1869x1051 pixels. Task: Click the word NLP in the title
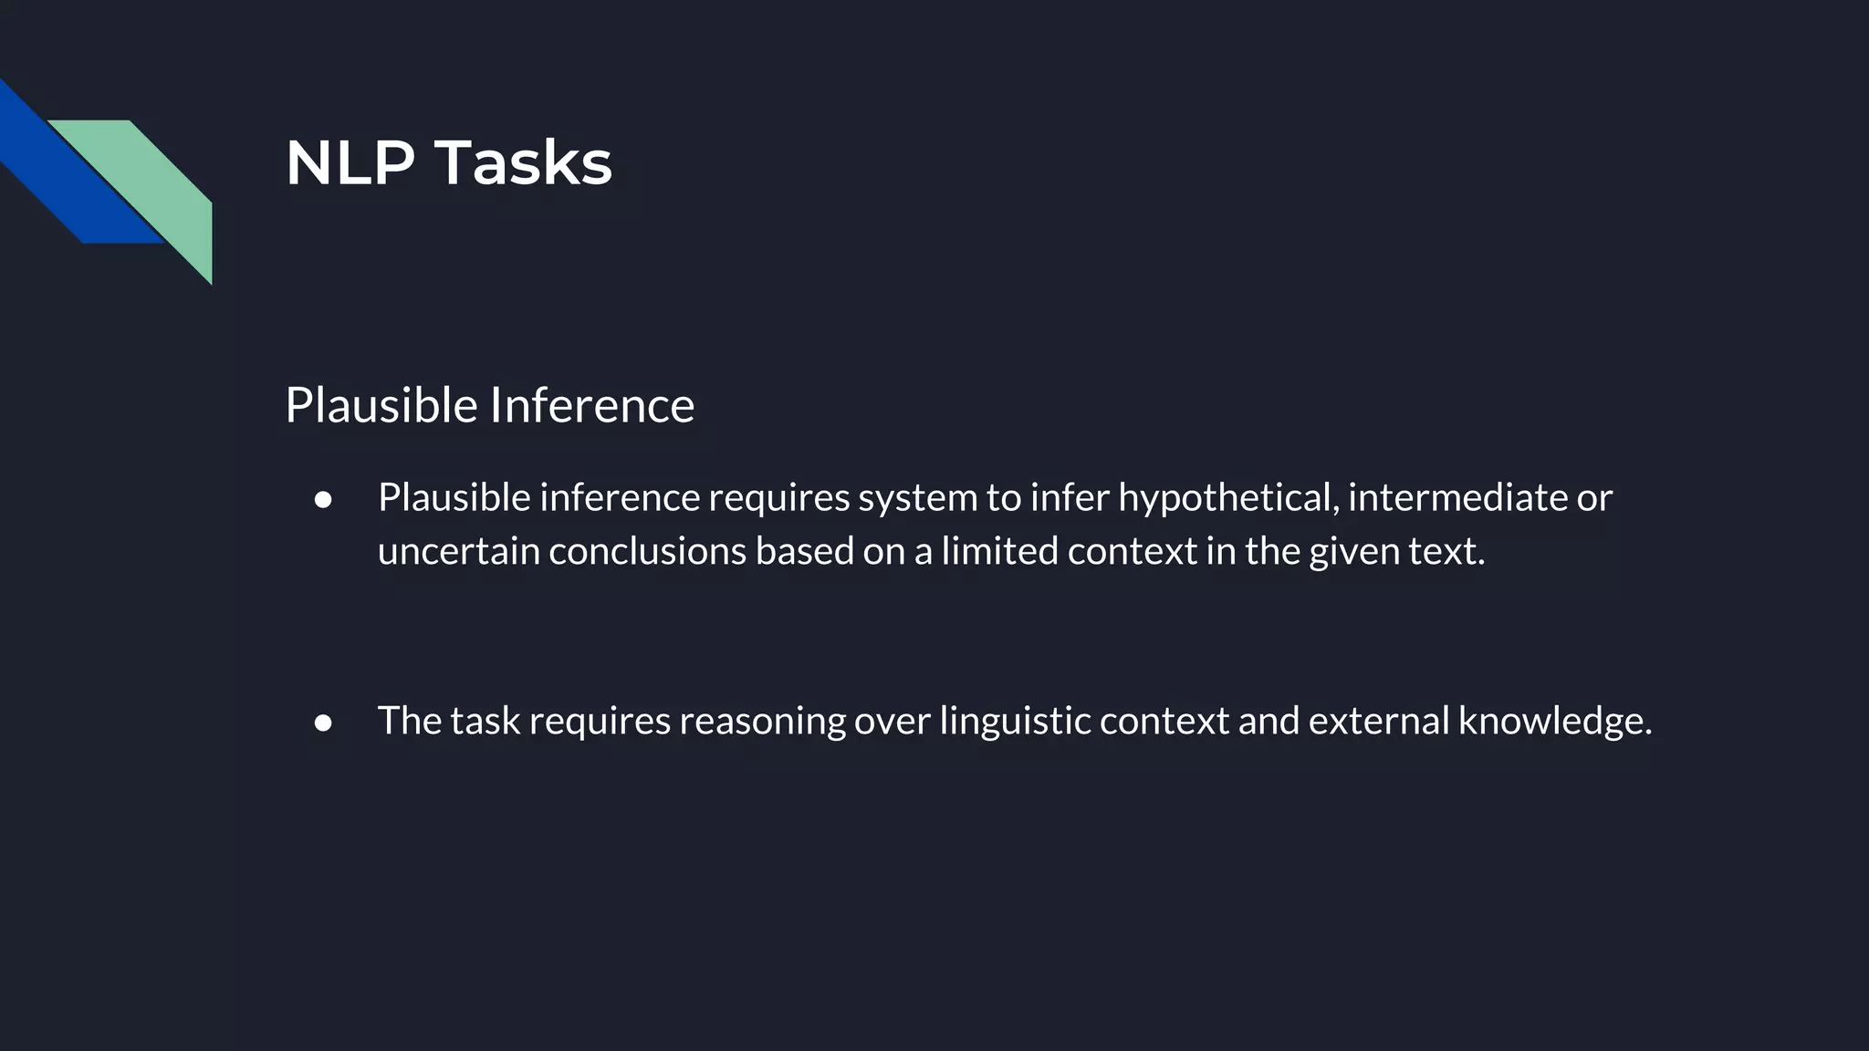pyautogui.click(x=350, y=164)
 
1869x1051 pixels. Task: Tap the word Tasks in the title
pyautogui.click(x=522, y=164)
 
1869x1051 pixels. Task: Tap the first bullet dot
pyautogui.click(x=323, y=499)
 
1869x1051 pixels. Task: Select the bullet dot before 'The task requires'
pyautogui.click(x=323, y=723)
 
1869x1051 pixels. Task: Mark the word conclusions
pyautogui.click(x=647, y=552)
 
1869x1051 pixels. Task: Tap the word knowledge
pyautogui.click(x=1554, y=722)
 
